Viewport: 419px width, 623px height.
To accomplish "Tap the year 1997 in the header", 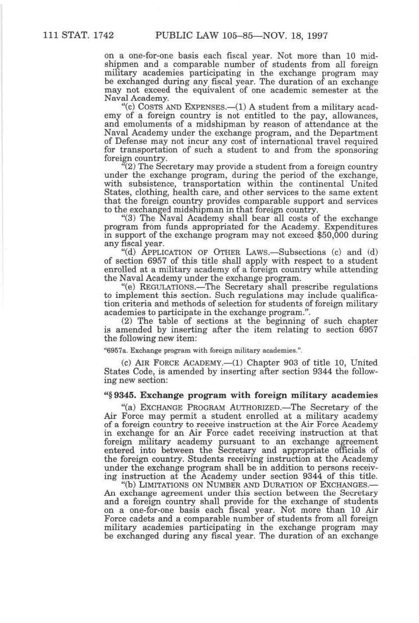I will [315, 35].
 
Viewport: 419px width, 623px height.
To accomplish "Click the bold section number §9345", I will [120, 395].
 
